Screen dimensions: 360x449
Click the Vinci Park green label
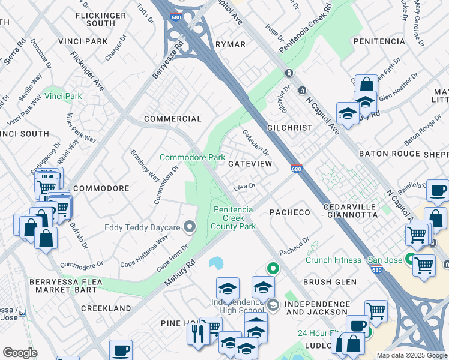pyautogui.click(x=65, y=96)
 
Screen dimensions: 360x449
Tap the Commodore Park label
pyautogui.click(x=192, y=157)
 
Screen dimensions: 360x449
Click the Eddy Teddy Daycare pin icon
pyautogui.click(x=190, y=227)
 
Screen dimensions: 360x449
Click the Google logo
pyautogui.click(x=20, y=353)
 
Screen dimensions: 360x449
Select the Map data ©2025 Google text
pyautogui.click(x=412, y=355)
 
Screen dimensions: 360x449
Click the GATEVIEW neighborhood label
pyautogui.click(x=250, y=163)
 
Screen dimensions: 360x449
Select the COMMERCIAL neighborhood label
pyautogui.click(x=172, y=119)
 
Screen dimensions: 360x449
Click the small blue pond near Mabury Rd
pyautogui.click(x=216, y=263)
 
